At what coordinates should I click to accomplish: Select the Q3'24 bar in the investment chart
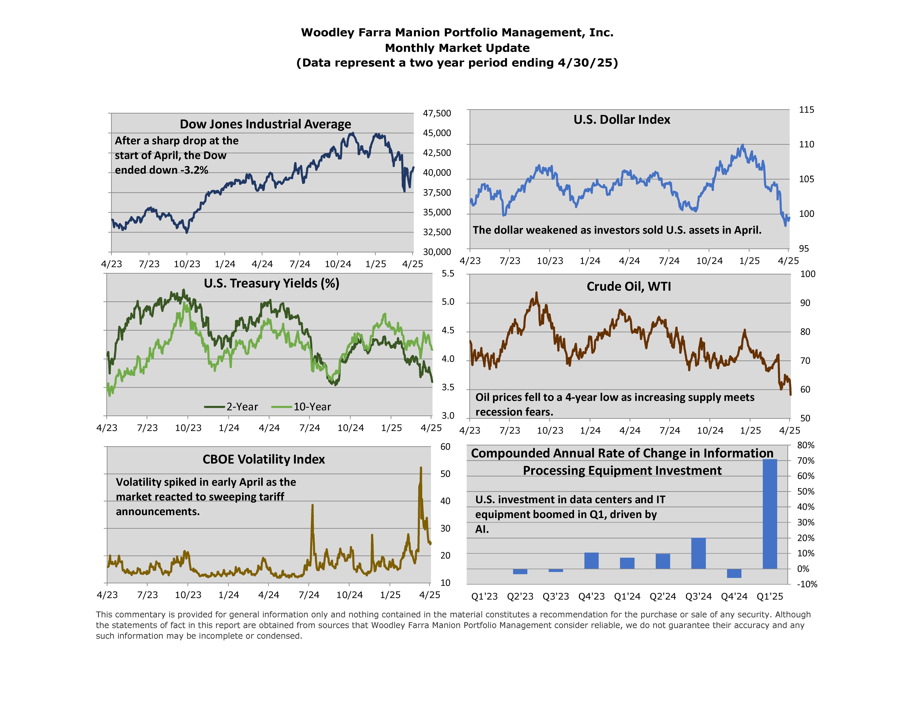pyautogui.click(x=698, y=553)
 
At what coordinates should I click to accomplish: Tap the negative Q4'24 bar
pyautogui.click(x=734, y=573)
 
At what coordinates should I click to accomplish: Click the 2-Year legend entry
pyautogui.click(x=231, y=407)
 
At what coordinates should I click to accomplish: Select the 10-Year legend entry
pyautogui.click(x=301, y=407)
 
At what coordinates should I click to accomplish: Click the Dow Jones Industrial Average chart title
pyautogui.click(x=265, y=124)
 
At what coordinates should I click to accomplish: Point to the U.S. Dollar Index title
pyautogui.click(x=622, y=120)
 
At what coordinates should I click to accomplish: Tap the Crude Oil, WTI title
pyautogui.click(x=629, y=287)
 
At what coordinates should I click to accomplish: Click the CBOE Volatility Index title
pyautogui.click(x=264, y=459)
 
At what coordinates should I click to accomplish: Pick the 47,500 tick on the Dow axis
pyautogui.click(x=437, y=113)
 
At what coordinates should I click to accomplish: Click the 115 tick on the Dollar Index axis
pyautogui.click(x=806, y=110)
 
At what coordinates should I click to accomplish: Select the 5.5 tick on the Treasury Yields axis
pyautogui.click(x=448, y=274)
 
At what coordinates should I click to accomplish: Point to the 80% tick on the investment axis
pyautogui.click(x=806, y=445)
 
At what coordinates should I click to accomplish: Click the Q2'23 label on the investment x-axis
pyautogui.click(x=520, y=596)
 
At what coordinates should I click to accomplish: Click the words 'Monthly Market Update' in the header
pyautogui.click(x=457, y=48)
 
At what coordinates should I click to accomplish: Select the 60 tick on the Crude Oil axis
pyautogui.click(x=805, y=390)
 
